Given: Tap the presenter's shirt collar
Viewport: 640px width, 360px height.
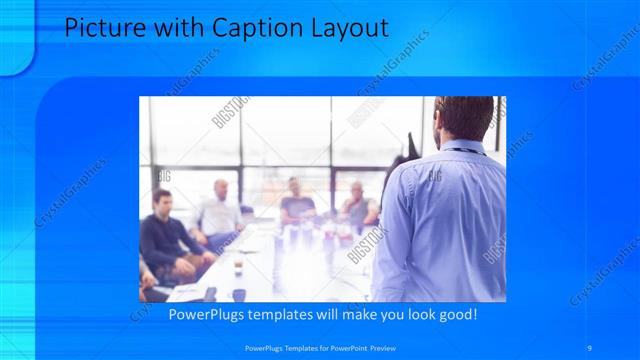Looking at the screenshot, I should click(x=462, y=148).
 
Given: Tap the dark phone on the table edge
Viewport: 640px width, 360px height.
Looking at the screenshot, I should click(x=210, y=294).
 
